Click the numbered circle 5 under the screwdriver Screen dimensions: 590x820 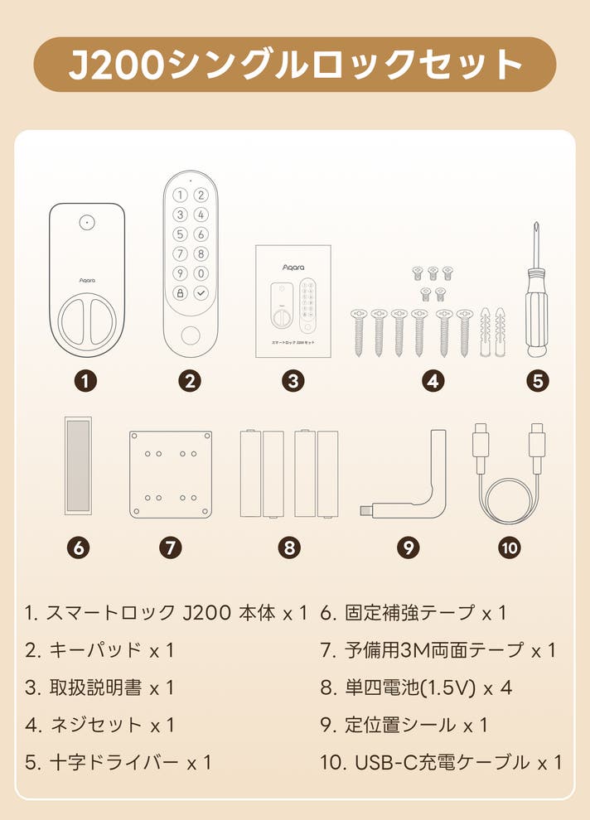tap(538, 381)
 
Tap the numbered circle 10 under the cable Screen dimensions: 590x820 tap(510, 547)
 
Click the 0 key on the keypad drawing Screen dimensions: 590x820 tap(201, 273)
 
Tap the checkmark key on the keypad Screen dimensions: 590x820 tap(201, 293)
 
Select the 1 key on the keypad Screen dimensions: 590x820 tap(180, 195)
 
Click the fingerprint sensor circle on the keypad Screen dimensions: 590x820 tap(191, 335)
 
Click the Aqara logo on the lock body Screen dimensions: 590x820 tap(87, 280)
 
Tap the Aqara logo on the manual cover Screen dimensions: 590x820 tap(293, 268)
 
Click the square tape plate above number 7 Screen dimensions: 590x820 tap(171, 475)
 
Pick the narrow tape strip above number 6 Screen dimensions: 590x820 tap(78, 465)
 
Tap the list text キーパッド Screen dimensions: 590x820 tap(95, 650)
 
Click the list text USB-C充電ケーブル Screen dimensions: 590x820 tap(442, 763)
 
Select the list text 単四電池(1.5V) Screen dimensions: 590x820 tap(410, 687)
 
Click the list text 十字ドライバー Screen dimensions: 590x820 tap(114, 763)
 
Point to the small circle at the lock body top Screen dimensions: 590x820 tap(87, 222)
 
